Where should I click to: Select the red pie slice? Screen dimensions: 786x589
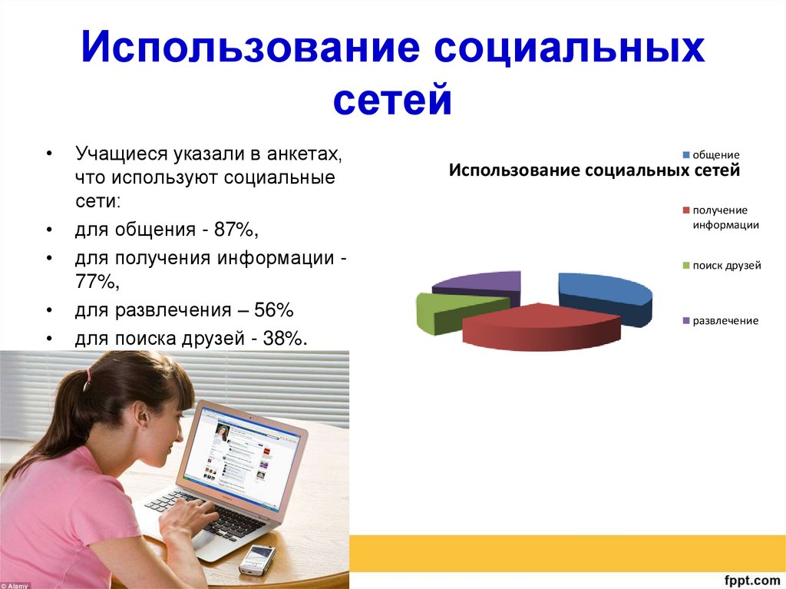pyautogui.click(x=541, y=326)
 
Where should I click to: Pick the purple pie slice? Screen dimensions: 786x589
pyautogui.click(x=479, y=286)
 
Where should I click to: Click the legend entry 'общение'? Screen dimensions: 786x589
pyautogui.click(x=711, y=155)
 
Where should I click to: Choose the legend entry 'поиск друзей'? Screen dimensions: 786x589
pyautogui.click(x=722, y=266)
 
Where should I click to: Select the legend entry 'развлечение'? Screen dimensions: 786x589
pyautogui.click(x=720, y=320)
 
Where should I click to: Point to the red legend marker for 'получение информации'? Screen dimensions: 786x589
pyautogui.click(x=686, y=210)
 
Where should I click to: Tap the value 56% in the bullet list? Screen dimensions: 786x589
pyautogui.click(x=274, y=309)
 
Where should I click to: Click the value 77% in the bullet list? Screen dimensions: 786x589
pyautogui.click(x=95, y=282)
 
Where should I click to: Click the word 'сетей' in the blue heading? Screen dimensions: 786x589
pyautogui.click(x=392, y=99)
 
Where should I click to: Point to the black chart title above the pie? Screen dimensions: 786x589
pyautogui.click(x=594, y=170)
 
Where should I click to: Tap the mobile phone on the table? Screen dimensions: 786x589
pyautogui.click(x=257, y=558)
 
